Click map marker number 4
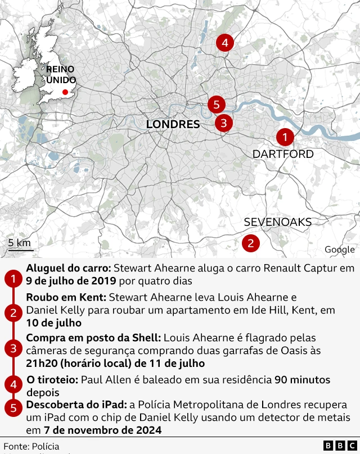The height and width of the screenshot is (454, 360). point(224,43)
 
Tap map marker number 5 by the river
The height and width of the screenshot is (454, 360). point(216,104)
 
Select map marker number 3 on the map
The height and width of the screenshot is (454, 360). point(223,122)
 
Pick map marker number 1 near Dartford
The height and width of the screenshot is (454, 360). point(285,137)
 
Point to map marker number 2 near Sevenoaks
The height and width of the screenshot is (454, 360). point(250,243)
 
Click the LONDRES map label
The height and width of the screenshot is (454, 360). point(173,124)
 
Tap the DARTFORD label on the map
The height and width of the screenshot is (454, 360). point(283,154)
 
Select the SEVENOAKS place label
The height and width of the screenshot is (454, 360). point(277,222)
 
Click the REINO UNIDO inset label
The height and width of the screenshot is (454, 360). point(60,74)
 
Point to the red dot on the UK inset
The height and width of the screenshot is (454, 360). point(65,92)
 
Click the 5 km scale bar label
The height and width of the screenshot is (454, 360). point(20,243)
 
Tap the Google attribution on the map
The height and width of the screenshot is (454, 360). point(339,249)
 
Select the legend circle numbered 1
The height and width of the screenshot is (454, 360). point(12,279)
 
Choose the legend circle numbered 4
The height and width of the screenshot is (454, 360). point(12,385)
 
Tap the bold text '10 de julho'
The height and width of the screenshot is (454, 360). point(53,323)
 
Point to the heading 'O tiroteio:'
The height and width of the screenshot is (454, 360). point(52,380)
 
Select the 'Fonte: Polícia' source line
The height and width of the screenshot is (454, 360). point(31,446)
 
